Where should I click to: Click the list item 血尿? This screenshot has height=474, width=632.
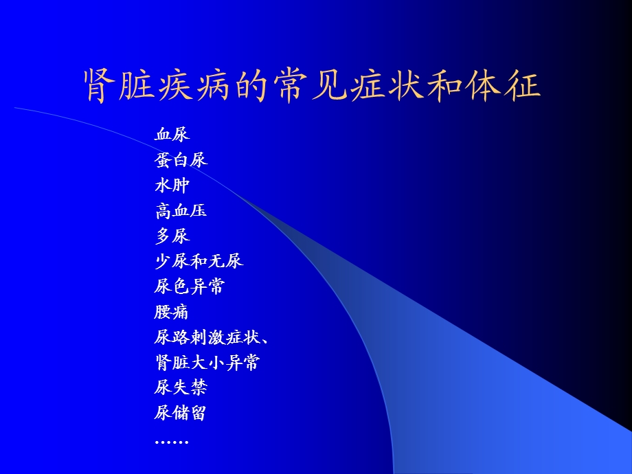[x=172, y=135]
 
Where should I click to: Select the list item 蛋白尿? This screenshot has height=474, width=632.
[x=181, y=160]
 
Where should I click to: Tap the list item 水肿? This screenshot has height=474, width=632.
[x=172, y=185]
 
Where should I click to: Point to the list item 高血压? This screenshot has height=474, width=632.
[x=181, y=211]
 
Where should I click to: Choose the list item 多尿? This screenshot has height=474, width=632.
[x=172, y=236]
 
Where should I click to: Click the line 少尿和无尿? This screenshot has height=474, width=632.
[x=199, y=262]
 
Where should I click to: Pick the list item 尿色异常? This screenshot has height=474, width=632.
[x=190, y=287]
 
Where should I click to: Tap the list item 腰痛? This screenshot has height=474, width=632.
[x=172, y=313]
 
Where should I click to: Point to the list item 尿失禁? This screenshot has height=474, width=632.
[x=181, y=388]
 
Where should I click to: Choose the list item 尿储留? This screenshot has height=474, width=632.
[x=181, y=414]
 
